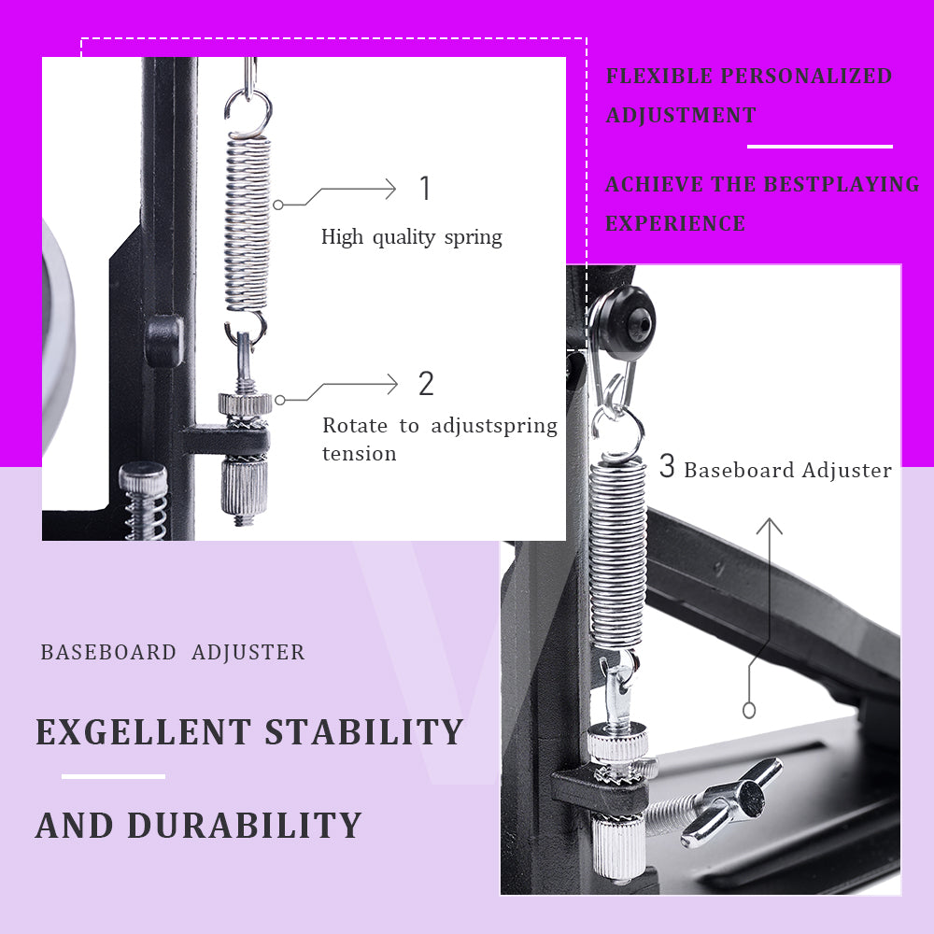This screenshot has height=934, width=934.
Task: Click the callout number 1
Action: [x=425, y=189]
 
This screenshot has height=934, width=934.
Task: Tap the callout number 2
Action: [x=426, y=384]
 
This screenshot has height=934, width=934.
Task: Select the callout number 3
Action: [x=667, y=466]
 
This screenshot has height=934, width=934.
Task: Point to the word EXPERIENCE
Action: [x=675, y=223]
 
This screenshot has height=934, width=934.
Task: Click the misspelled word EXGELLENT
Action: [x=143, y=731]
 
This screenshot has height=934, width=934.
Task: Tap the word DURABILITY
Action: [x=244, y=826]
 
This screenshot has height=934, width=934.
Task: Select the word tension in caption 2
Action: [x=360, y=454]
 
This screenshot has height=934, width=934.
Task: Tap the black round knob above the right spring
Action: [x=626, y=323]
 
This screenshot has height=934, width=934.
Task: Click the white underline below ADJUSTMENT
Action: [x=820, y=147]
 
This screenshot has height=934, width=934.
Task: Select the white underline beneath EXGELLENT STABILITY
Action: [x=113, y=776]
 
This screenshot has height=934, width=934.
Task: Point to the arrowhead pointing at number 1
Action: [x=390, y=189]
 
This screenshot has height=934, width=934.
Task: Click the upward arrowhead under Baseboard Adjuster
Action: [x=770, y=525]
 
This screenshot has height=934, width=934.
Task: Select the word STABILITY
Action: [x=364, y=731]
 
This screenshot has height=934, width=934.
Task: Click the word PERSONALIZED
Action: [x=807, y=77]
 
